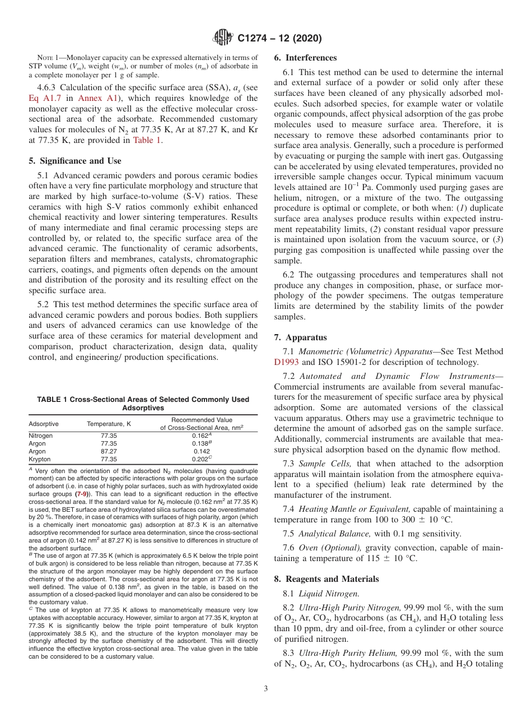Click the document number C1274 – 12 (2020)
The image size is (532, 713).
pos(279,38)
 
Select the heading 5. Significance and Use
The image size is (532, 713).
pos(74,160)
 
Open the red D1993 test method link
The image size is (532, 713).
pos(287,362)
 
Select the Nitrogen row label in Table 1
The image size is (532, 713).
pos(41,436)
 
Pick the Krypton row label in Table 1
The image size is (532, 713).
pos(39,459)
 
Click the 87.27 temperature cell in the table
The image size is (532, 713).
pos(109,451)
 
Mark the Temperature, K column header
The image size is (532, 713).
pos(109,424)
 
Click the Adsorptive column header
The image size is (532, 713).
pos(43,424)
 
